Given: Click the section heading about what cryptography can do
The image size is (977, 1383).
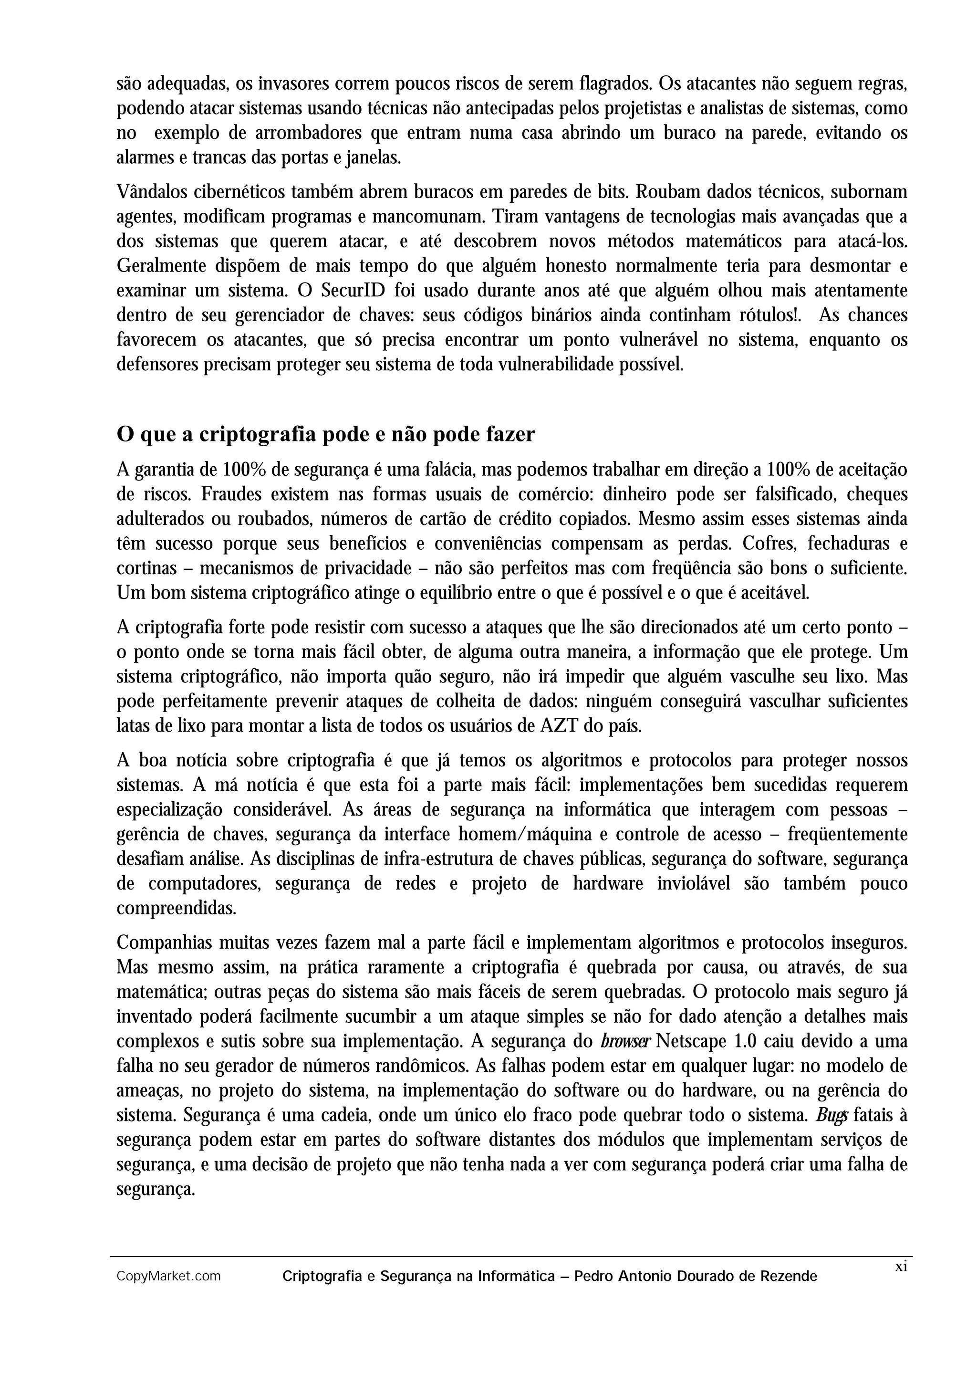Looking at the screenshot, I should [x=325, y=434].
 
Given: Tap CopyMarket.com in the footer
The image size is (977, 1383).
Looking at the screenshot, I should [x=168, y=1276].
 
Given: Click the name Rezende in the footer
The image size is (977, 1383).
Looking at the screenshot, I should [x=789, y=1276].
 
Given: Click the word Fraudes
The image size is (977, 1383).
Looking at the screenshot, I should [x=230, y=494].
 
